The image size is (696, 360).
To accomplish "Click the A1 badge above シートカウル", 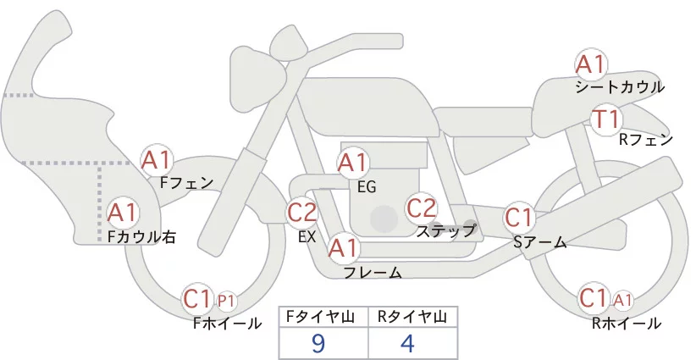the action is point(590,64).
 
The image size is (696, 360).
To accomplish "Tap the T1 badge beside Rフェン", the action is point(606,119).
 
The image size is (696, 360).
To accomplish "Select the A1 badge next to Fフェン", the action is point(157,159).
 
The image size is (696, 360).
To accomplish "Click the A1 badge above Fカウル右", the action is point(123,212).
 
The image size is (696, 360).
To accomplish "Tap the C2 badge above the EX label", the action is point(302,211).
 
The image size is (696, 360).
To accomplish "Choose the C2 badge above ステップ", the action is point(421,207).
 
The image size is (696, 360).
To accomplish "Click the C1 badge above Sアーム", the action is point(519,218).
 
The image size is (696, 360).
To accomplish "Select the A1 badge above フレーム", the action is point(344,248).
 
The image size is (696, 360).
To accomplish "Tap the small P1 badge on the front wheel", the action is point(226,300).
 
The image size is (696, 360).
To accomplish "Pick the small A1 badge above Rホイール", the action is point(622,299).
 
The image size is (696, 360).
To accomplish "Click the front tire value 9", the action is point(318,342).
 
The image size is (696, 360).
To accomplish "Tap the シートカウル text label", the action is point(619,87).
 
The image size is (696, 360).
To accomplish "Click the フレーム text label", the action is point(373,272).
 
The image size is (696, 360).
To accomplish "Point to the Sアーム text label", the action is point(539,242).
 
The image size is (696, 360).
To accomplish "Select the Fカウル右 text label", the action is point(141,238).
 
